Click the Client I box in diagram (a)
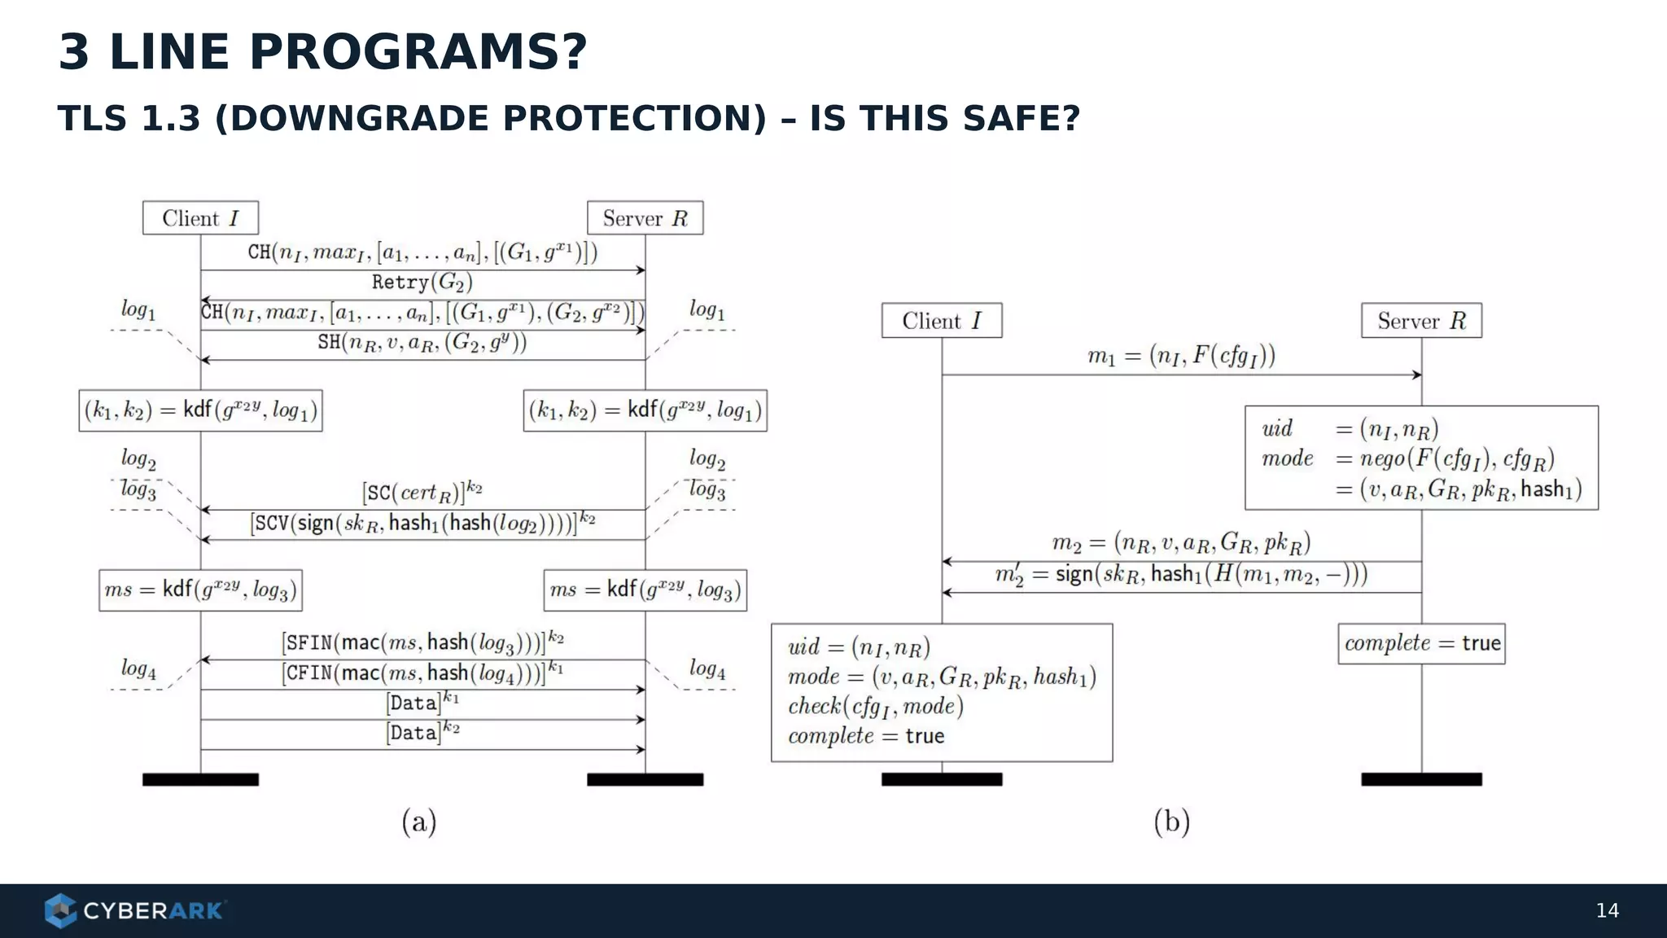(x=200, y=218)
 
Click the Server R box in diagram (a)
(x=645, y=218)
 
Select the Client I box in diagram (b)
(x=941, y=321)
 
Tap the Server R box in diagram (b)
(x=1421, y=321)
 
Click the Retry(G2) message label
(x=422, y=283)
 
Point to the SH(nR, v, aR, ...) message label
(x=422, y=342)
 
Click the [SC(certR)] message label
(x=422, y=492)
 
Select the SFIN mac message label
(x=422, y=642)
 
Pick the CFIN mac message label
(x=422, y=673)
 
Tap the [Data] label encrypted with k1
(x=422, y=702)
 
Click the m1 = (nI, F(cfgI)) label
(x=1181, y=356)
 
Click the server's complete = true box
(x=1421, y=643)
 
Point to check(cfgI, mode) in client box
(x=875, y=706)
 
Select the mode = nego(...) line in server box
(x=1408, y=458)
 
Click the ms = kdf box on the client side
(x=200, y=590)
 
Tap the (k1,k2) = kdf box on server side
(x=645, y=410)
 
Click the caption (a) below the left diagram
(x=419, y=822)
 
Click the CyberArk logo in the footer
(x=135, y=910)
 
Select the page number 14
(x=1607, y=910)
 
